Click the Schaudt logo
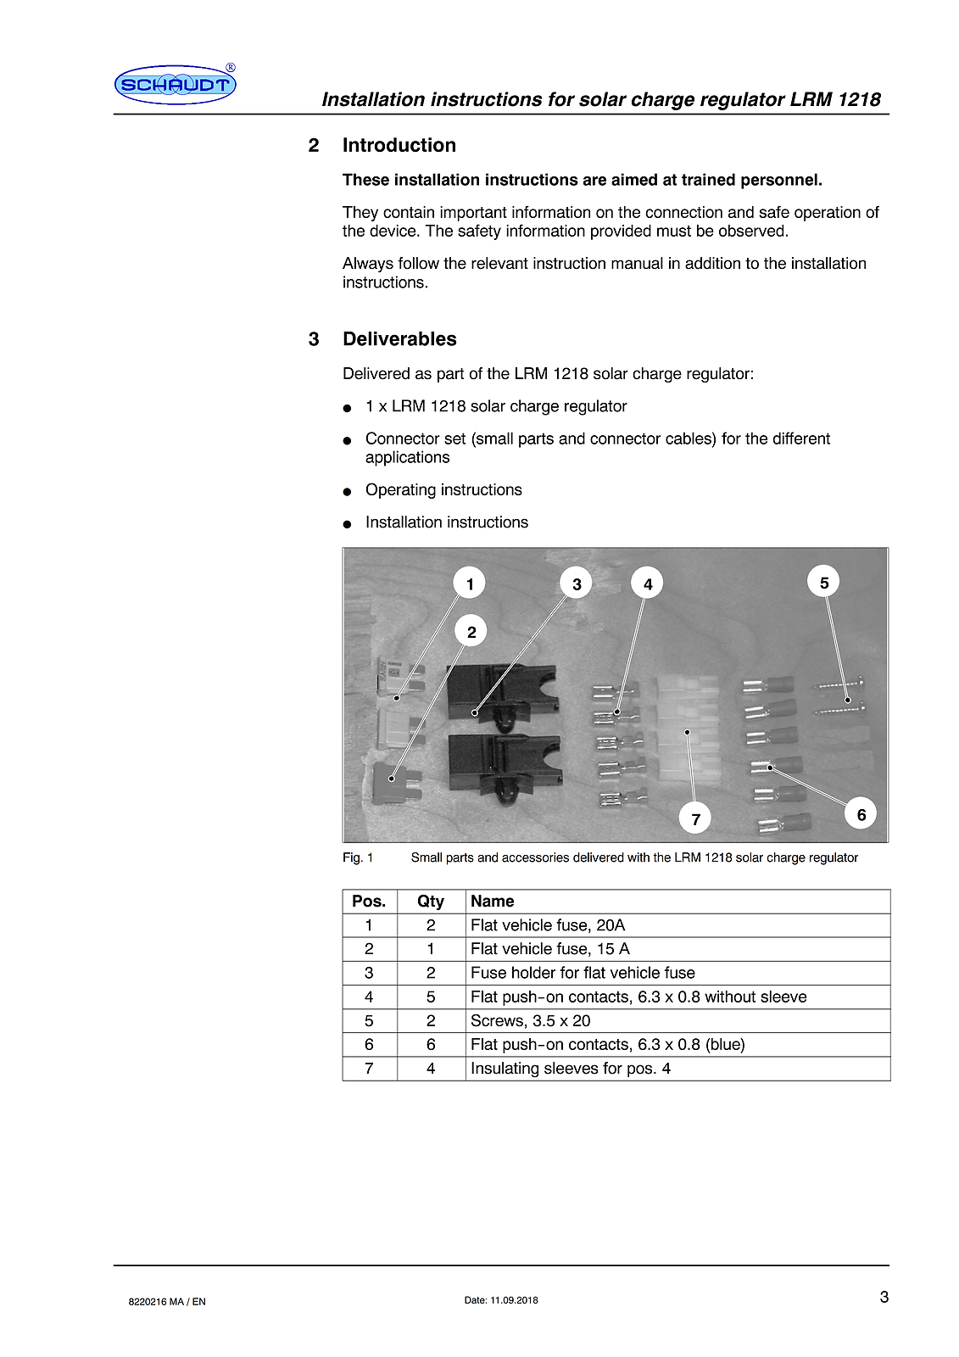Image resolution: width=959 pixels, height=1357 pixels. click(175, 85)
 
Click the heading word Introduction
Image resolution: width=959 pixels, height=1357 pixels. click(399, 145)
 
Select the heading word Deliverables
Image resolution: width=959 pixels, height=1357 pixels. click(399, 338)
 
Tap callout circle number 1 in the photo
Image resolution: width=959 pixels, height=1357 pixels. click(470, 584)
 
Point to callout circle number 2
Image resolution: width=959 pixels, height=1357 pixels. click(471, 632)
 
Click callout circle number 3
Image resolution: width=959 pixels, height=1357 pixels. click(577, 584)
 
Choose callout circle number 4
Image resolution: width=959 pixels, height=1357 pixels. click(648, 584)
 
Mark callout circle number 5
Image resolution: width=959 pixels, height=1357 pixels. click(823, 583)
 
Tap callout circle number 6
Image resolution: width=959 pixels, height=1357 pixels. click(861, 814)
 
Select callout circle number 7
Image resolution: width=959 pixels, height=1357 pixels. click(695, 818)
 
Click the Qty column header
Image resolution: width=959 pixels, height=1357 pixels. click(431, 901)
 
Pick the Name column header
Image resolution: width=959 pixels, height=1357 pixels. click(493, 901)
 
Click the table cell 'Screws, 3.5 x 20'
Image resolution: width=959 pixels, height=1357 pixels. click(531, 1020)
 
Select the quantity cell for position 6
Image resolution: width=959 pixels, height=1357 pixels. click(431, 1044)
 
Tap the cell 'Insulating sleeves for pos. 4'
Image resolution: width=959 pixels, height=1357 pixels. click(571, 1068)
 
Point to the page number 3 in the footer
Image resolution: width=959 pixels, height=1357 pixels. click(884, 1296)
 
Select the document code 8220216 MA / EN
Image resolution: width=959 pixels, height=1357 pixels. click(167, 1301)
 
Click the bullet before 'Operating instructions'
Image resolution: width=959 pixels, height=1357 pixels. click(347, 492)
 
